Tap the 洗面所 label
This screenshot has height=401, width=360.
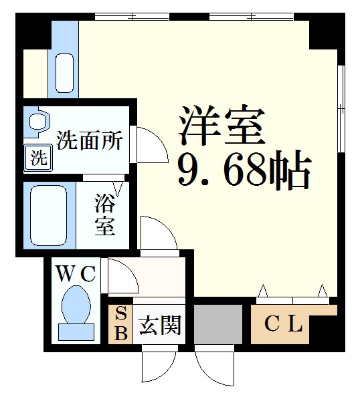[x=89, y=141]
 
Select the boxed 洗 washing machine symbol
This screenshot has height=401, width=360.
[x=39, y=159]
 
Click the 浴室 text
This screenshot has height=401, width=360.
[x=104, y=214]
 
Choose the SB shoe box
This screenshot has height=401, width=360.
[x=120, y=324]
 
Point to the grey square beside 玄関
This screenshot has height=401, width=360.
[x=218, y=324]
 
